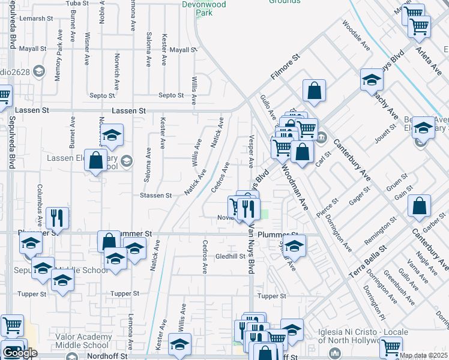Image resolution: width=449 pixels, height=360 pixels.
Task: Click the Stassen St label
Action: click(156, 196)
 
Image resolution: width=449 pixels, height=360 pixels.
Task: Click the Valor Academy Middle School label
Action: click(83, 341)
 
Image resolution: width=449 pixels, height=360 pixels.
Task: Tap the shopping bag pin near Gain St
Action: click(420, 206)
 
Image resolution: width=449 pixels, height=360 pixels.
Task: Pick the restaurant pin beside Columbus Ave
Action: click(57, 218)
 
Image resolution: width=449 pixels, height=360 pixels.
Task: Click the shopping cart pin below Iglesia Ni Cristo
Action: click(391, 347)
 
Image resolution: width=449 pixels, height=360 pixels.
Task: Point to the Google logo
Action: click(20, 353)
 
